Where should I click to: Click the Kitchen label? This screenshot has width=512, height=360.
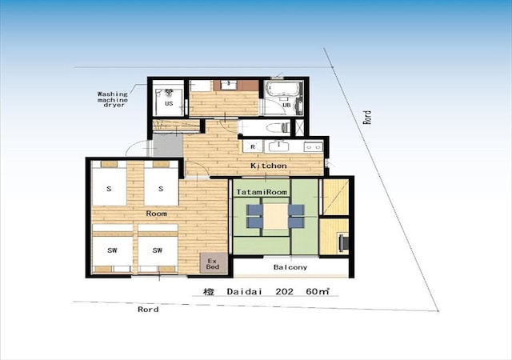[269, 166]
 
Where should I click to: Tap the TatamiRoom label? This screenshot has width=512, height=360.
[262, 192]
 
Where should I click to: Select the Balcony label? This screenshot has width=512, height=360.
[290, 267]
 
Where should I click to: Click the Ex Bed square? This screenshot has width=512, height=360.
[214, 263]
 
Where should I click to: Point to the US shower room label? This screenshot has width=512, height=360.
[169, 103]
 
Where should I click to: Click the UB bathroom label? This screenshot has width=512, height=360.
[286, 105]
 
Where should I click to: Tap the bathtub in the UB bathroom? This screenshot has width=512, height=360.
[283, 89]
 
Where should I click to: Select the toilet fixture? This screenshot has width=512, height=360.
[278, 127]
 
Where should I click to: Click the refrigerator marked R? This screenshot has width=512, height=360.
[253, 147]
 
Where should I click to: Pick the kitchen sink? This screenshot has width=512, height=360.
[278, 146]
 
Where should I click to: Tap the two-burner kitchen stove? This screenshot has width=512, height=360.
[314, 147]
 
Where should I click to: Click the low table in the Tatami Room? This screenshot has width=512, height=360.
[275, 216]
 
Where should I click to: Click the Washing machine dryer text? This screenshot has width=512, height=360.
[112, 99]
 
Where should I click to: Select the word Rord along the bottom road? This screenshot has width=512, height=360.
[148, 310]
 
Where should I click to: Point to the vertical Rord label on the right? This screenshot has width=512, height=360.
[367, 118]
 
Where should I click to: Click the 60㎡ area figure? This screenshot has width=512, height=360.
[318, 291]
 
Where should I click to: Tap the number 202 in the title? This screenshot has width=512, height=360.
[285, 291]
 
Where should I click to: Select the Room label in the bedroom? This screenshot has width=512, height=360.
[157, 214]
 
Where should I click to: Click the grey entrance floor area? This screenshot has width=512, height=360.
[168, 145]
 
